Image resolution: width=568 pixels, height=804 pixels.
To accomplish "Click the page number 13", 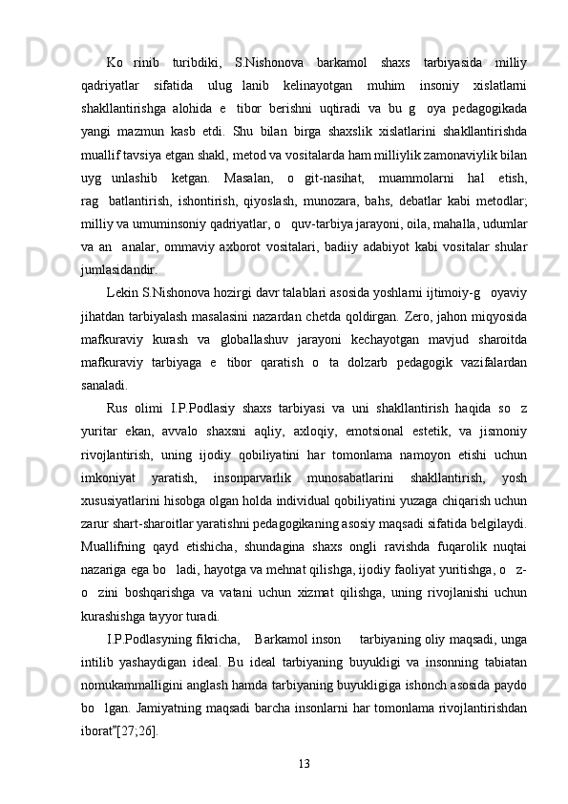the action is [x=305, y=763].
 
